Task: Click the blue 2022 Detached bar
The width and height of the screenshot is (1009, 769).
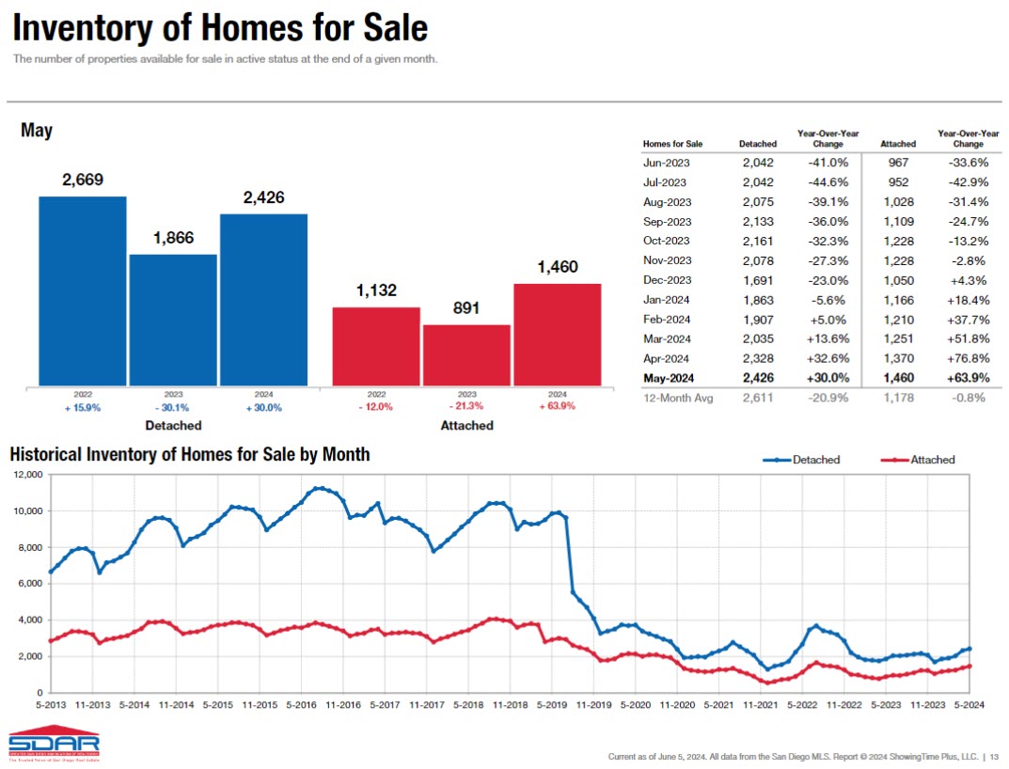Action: click(82, 290)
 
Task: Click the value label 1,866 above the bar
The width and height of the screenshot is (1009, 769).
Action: click(173, 238)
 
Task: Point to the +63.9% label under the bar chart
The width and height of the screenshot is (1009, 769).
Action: click(557, 407)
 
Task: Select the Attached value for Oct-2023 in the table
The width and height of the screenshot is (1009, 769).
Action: click(897, 240)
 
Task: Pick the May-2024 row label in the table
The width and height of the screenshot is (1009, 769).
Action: click(668, 378)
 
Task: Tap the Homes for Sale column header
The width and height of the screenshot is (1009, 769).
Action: click(672, 144)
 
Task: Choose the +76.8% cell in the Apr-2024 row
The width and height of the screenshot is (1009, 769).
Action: click(968, 358)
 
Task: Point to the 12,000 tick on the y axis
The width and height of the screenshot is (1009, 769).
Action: click(26, 475)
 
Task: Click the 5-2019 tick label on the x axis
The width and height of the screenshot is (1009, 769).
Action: click(552, 704)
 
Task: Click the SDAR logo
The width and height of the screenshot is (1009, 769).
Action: click(53, 744)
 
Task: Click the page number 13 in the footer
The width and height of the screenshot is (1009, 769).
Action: click(995, 757)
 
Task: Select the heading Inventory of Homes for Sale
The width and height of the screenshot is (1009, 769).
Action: click(220, 29)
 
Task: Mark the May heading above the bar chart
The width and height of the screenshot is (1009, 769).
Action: click(37, 131)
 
